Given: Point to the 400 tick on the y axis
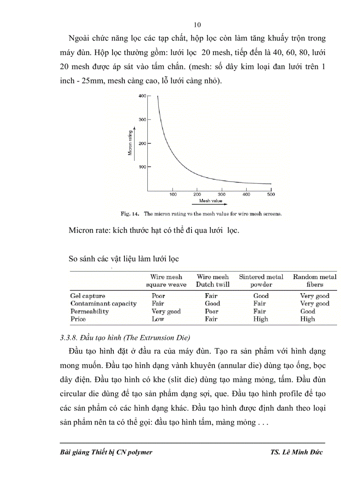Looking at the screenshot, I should click(x=142, y=96).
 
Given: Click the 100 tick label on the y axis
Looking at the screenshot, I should click(x=142, y=167).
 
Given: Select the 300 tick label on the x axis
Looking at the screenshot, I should click(x=221, y=194).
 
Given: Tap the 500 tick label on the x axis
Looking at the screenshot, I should click(x=270, y=194).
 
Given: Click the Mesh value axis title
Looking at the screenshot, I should click(x=211, y=201).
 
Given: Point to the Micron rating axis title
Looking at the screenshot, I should click(x=130, y=141).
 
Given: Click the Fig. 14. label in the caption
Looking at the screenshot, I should click(x=130, y=214).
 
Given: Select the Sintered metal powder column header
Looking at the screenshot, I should click(x=261, y=280).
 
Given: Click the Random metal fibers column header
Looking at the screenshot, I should click(x=315, y=280).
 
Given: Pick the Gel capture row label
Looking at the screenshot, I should click(x=88, y=296).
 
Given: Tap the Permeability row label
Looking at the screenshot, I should click(x=89, y=311).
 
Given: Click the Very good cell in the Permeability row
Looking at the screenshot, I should click(x=166, y=311).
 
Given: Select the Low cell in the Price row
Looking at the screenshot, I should click(x=158, y=319).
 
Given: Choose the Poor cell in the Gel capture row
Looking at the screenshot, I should click(x=158, y=296).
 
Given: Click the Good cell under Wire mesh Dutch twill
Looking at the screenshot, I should click(x=212, y=303).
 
